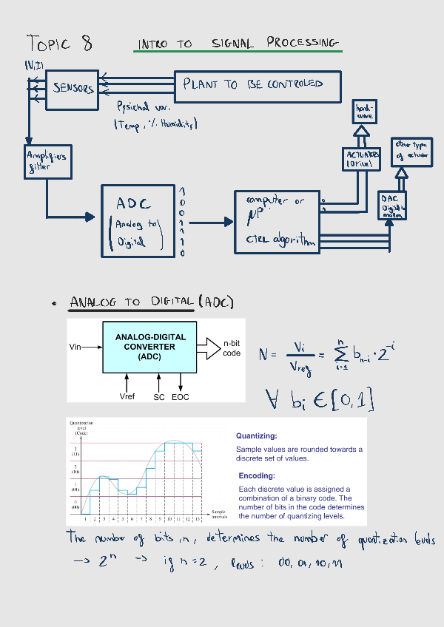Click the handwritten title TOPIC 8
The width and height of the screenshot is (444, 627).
coord(59,43)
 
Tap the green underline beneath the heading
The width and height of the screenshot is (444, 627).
coord(239,51)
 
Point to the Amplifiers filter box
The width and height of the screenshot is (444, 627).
coord(47,160)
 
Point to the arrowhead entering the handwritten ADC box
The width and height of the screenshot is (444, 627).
coord(91,217)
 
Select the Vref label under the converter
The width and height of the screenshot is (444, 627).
coord(127,397)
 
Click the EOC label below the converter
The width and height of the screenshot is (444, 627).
coord(181,397)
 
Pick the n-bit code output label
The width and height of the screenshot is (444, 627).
coord(232,348)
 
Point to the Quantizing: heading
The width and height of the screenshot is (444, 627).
coord(257,436)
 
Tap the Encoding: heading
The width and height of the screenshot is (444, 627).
coord(257,476)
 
